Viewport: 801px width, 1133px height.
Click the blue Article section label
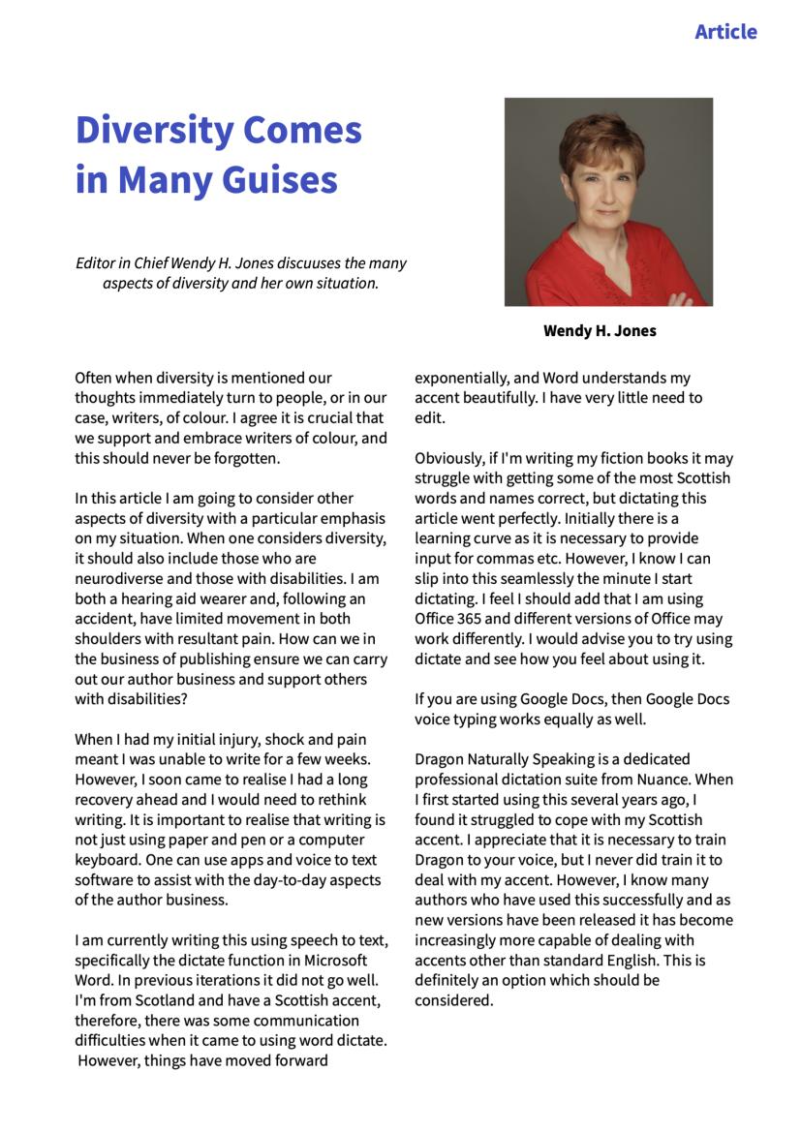point(725,32)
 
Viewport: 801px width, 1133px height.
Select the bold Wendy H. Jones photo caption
point(600,331)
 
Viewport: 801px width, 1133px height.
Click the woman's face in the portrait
point(600,183)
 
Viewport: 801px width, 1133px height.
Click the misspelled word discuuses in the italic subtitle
point(293,263)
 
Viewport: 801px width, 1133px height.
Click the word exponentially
point(462,378)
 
